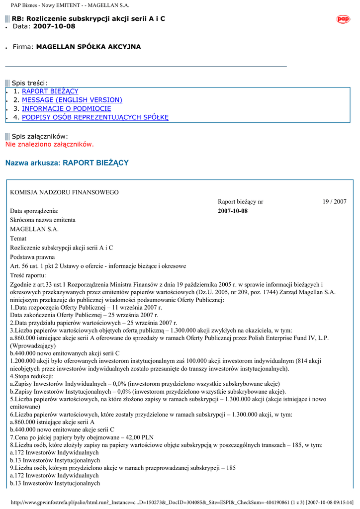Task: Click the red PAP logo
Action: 343,19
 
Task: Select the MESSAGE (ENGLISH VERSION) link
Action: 72,100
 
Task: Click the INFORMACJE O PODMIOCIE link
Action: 67,108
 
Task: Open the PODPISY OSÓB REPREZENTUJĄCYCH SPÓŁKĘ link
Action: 95,117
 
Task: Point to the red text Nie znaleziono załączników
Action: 50,144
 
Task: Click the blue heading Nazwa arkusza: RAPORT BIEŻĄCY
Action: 67,163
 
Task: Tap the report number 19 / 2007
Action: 334,202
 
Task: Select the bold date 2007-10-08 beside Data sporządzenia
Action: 233,211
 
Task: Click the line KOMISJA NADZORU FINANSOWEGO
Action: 65,192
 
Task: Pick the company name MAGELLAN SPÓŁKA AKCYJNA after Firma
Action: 89,47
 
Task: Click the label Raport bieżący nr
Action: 241,202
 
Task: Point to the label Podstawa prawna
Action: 32,257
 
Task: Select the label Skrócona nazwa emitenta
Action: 43,220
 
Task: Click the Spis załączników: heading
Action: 40,136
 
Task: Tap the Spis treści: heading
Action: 29,83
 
